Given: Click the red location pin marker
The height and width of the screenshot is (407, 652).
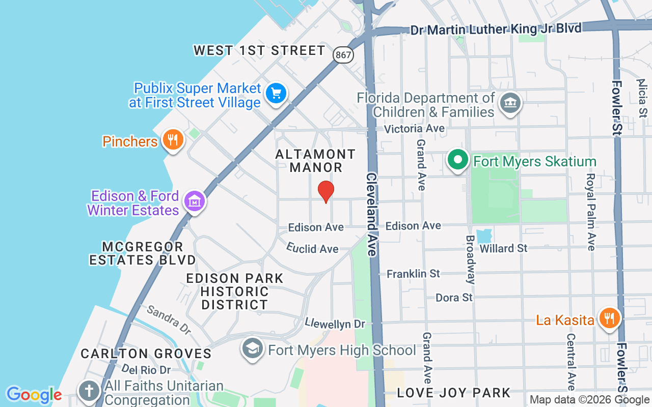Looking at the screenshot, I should pos(326,191).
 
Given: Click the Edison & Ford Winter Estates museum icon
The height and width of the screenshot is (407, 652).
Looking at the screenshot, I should pos(194,201).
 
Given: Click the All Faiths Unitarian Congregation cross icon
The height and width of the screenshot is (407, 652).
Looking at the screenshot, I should pos(89,391).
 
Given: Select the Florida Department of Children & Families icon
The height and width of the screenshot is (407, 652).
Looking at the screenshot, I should pos(509,103).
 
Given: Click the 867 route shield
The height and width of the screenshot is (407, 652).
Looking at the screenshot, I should pos(344,55).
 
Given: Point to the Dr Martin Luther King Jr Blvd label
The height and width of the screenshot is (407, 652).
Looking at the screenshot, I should pos(496,29).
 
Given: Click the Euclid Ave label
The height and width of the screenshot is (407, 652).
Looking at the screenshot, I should pos(312,248).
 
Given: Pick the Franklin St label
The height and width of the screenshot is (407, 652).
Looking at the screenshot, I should pos(413,274).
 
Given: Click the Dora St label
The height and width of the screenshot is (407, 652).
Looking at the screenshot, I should pos(454,297).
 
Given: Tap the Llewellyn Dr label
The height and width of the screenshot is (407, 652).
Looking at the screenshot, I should pos(335,324).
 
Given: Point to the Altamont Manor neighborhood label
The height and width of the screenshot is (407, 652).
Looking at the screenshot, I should pos(316,160).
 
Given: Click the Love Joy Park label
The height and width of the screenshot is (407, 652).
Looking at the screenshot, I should pos(453,393).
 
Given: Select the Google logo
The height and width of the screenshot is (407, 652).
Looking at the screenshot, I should pos(34,395).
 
